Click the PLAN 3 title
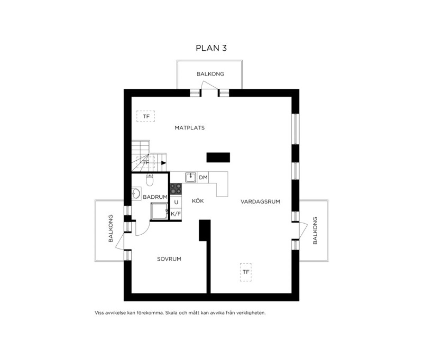tap(211, 48)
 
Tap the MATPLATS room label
tap(190, 128)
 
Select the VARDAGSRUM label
tap(260, 202)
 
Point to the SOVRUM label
tap(169, 259)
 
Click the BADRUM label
tap(155, 197)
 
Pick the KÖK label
tap(198, 201)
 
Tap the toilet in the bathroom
tap(150, 180)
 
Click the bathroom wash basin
tap(136, 193)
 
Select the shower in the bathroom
tap(159, 211)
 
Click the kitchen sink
tap(191, 177)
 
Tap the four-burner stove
tap(176, 188)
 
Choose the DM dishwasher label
tap(203, 178)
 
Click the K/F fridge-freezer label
tap(176, 214)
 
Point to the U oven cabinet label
tap(176, 202)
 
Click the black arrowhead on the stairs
tap(164, 163)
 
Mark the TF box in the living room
tap(246, 272)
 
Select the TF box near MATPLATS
tap(146, 116)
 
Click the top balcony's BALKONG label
tap(210, 74)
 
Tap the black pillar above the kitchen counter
tap(218, 157)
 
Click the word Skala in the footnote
tap(171, 313)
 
